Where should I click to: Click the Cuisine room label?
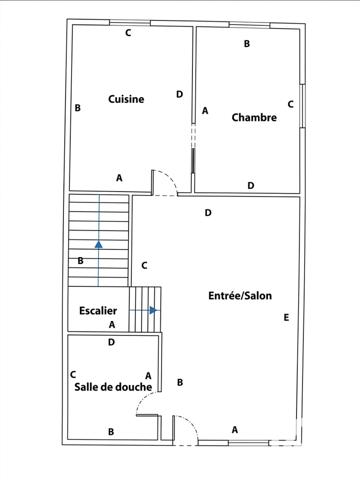(126, 99)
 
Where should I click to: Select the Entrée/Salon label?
(240, 295)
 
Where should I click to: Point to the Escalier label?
(98, 311)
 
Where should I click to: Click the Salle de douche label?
(112, 387)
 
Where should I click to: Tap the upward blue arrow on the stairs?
(98, 242)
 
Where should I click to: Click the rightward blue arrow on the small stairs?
(152, 310)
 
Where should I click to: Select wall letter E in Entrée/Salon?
(286, 317)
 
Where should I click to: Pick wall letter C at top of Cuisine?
(127, 33)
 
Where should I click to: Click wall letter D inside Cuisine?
(179, 94)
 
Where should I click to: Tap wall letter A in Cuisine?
(119, 177)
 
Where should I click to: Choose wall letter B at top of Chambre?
(247, 43)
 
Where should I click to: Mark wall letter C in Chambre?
(290, 103)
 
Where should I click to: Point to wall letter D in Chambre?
(251, 185)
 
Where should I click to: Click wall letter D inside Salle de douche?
(111, 342)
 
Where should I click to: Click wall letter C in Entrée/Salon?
(144, 265)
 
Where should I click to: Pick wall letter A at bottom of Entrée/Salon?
(235, 429)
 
